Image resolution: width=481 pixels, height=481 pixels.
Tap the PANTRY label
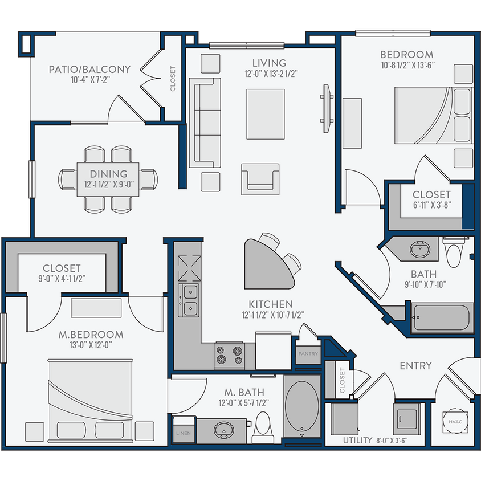coord(308,354)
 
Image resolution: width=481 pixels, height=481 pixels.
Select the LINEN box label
coord(182,433)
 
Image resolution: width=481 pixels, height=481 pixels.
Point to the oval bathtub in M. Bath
coord(302,405)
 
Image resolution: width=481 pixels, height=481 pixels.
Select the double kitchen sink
coord(189,300)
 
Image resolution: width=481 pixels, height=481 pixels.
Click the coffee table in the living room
coord(265,114)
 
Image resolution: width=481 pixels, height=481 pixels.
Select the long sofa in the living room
coord(205,123)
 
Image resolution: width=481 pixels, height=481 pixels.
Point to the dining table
coord(108,179)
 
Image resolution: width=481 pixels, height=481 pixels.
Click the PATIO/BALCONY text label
coord(89,70)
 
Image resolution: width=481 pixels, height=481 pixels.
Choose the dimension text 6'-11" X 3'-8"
coord(431,206)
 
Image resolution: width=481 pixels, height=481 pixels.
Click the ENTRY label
coord(415,365)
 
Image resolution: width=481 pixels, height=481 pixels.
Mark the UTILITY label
coord(358,441)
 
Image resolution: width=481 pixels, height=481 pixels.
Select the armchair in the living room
coord(260,177)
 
